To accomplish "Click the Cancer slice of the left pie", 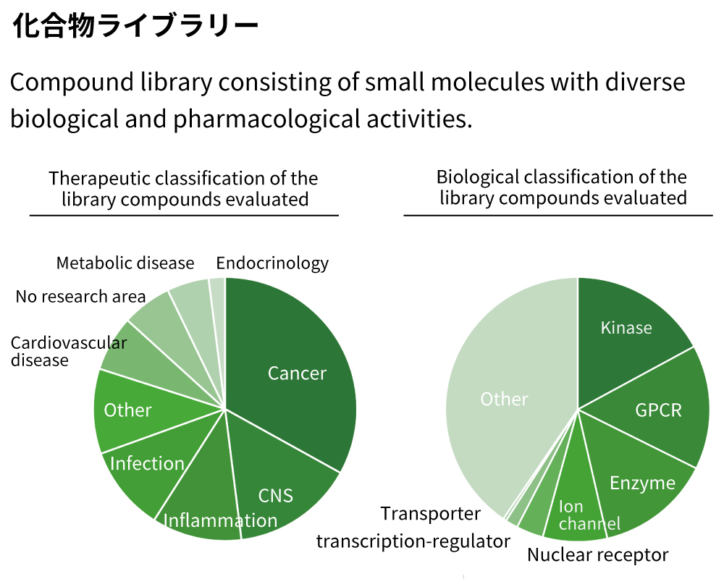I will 297,373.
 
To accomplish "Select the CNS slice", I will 276,495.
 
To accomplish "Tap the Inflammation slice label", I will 220,520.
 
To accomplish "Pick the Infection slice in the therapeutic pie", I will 147,464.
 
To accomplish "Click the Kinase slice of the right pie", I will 626,328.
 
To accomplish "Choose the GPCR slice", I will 658,410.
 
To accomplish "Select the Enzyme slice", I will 642,483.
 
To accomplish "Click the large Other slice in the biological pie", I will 505,399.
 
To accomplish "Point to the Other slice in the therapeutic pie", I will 128,410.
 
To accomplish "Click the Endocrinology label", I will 272,263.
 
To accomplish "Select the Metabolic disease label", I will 125,263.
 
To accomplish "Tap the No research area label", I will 80,297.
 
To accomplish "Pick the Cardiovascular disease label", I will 68,351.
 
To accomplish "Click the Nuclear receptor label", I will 597,555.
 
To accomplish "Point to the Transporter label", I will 431,514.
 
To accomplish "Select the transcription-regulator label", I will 413,541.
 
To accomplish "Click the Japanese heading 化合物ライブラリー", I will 135,27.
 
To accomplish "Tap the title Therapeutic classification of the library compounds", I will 183,188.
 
